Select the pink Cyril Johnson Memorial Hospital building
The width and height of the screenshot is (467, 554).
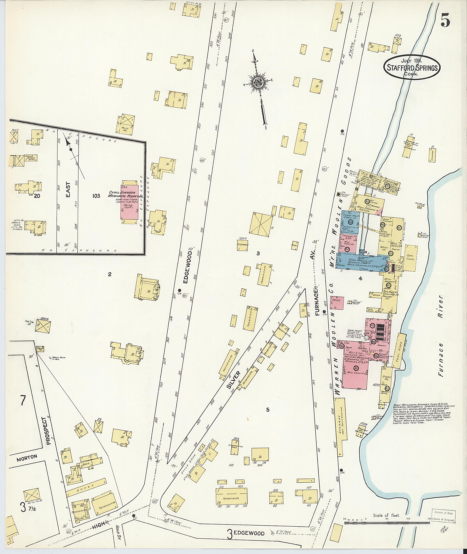tap(130, 202)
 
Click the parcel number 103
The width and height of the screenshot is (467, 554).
tap(96, 196)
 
